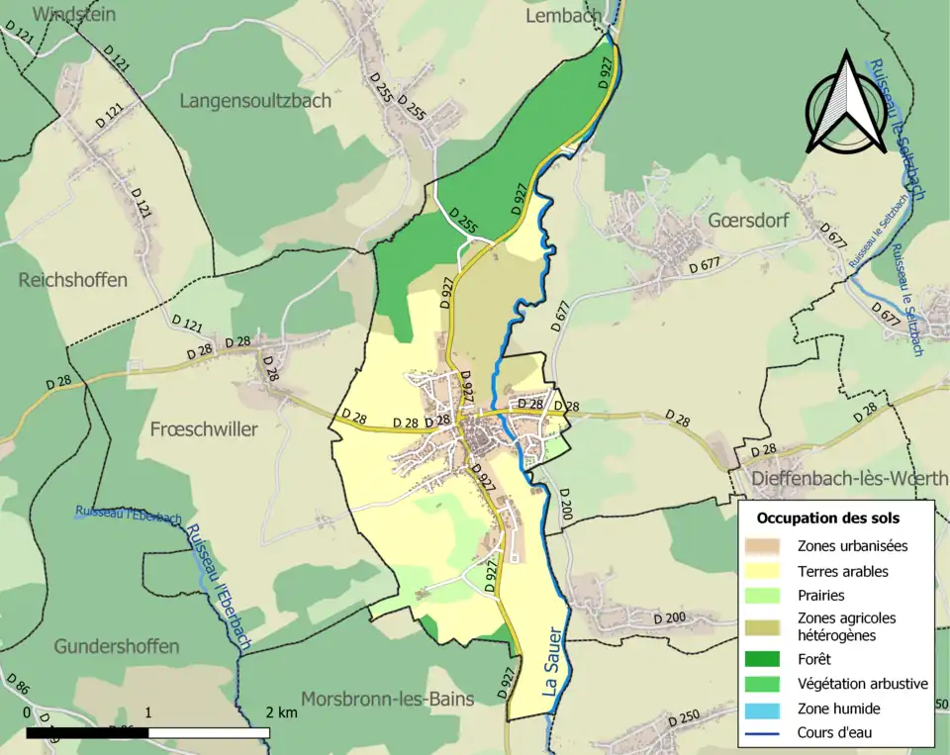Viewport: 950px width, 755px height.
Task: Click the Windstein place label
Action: pos(74,14)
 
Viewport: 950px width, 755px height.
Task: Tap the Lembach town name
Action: pos(563,16)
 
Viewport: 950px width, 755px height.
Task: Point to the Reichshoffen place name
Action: pos(73,280)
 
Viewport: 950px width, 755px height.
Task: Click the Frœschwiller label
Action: pos(204,429)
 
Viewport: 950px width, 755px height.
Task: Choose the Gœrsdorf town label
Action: pos(748,220)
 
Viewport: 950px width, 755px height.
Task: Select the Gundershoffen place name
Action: pos(117,646)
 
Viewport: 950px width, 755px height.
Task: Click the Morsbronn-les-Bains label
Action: pos(387,699)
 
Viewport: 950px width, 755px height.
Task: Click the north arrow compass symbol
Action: pos(846,105)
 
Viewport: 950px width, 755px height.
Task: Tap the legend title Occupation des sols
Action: pos(827,518)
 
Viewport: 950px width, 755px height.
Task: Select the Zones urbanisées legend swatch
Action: pos(768,545)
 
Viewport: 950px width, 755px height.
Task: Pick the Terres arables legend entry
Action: pos(842,571)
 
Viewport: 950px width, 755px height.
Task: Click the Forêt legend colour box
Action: pos(768,657)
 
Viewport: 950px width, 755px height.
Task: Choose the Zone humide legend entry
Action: pos(838,708)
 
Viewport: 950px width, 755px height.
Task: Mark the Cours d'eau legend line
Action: pos(768,733)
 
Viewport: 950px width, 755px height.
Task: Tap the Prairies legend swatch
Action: pos(768,596)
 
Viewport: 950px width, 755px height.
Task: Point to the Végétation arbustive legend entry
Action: pos(862,683)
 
